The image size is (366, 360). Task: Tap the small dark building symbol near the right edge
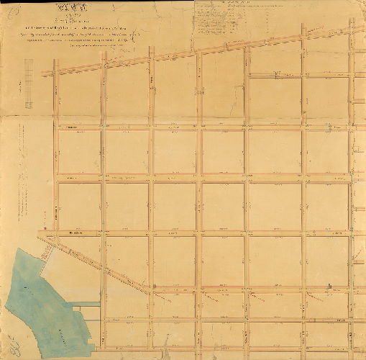coord(329,287)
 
